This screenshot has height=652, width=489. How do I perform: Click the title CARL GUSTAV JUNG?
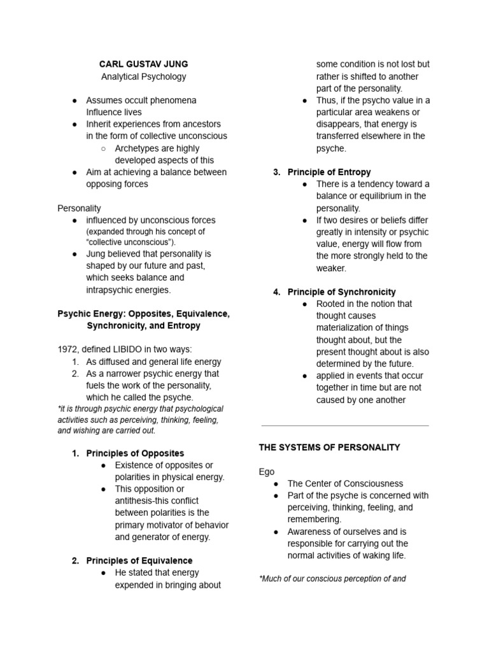pos(143,64)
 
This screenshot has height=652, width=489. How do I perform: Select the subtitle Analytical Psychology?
pos(143,76)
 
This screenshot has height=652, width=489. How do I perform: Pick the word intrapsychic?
pos(110,290)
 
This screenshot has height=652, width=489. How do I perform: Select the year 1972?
pos(67,349)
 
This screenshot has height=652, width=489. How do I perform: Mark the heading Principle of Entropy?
pos(329,172)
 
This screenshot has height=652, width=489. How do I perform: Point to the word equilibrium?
pos(375,196)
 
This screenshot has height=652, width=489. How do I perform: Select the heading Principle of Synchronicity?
pos(341,292)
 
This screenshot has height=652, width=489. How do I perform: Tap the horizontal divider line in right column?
pos(344,425)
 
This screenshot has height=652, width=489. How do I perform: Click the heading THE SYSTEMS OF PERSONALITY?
pos(329,448)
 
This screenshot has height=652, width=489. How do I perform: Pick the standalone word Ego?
pos(266,472)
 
